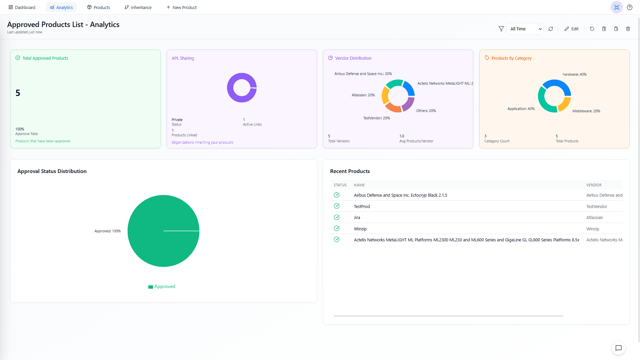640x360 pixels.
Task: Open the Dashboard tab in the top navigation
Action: point(22,7)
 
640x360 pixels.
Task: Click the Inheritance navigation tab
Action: point(138,7)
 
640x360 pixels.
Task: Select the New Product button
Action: point(182,7)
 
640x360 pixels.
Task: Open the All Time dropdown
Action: point(525,29)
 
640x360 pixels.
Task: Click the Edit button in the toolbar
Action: point(571,29)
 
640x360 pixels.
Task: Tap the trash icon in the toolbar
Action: point(628,29)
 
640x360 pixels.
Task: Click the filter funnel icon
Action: point(501,29)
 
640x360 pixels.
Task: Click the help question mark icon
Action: point(630,7)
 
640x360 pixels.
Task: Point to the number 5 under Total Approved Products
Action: point(18,93)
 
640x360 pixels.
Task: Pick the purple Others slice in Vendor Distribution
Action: point(408,104)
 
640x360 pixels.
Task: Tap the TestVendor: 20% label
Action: point(376,118)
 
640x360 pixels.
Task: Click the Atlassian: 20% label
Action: point(363,95)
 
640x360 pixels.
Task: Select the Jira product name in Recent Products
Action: point(357,218)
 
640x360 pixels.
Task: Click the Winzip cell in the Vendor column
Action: point(593,229)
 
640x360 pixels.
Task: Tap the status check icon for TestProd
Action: point(337,206)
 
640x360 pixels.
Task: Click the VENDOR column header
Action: point(594,185)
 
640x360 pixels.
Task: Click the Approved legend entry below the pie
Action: point(162,287)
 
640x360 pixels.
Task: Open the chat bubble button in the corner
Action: point(619,348)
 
